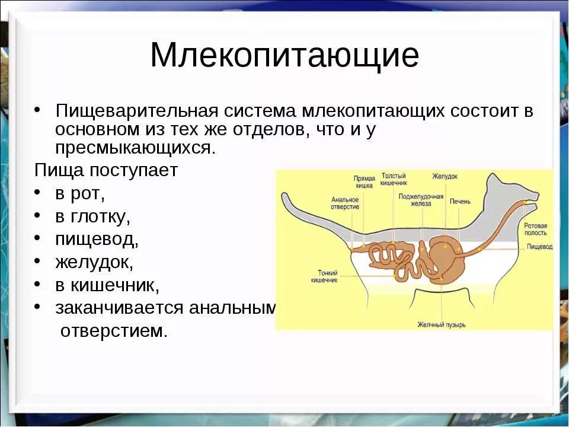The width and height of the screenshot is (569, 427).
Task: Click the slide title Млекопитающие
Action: (284, 56)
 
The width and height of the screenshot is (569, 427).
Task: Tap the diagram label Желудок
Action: (445, 177)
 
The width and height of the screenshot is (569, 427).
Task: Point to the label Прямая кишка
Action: (363, 181)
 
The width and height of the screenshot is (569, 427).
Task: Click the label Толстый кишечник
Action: (393, 180)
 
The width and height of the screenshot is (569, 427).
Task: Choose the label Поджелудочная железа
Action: (421, 199)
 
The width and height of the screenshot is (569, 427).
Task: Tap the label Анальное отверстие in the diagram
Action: (345, 203)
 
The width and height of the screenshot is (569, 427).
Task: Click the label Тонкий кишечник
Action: (324, 276)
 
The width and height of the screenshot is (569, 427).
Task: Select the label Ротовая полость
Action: (535, 229)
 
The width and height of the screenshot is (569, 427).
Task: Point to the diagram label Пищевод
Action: (539, 246)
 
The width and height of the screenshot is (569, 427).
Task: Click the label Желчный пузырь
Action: (441, 324)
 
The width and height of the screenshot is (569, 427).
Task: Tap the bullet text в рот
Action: (80, 194)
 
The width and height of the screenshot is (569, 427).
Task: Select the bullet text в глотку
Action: (92, 216)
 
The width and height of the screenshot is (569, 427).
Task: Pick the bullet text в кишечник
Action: (107, 285)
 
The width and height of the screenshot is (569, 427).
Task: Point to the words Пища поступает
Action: (106, 170)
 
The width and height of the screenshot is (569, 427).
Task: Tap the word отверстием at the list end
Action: (114, 330)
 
